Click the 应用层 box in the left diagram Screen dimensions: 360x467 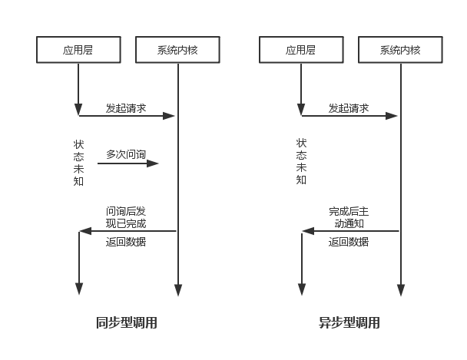(79, 51)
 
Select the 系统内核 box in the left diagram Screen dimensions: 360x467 (177, 51)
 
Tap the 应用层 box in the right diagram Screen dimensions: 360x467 (301, 51)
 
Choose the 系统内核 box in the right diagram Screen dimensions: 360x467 (400, 51)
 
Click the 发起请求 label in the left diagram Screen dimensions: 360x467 (126, 108)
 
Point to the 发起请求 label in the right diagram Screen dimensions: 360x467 (349, 108)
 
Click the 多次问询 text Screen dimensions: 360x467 (126, 154)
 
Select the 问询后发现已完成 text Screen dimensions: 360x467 (126, 217)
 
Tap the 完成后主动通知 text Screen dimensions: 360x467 (349, 217)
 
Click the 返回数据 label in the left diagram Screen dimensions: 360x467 (126, 242)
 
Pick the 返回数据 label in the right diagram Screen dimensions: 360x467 (349, 242)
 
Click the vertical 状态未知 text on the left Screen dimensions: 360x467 (78, 162)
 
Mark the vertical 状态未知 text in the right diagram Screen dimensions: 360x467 (301, 162)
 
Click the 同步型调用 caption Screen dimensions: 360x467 (127, 323)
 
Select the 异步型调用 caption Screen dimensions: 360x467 (349, 323)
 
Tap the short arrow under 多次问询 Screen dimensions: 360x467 (128, 163)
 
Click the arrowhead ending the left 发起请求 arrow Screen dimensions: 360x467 (171, 116)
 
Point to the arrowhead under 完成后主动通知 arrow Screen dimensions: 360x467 (306, 230)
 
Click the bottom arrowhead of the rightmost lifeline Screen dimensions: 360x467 (400, 291)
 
